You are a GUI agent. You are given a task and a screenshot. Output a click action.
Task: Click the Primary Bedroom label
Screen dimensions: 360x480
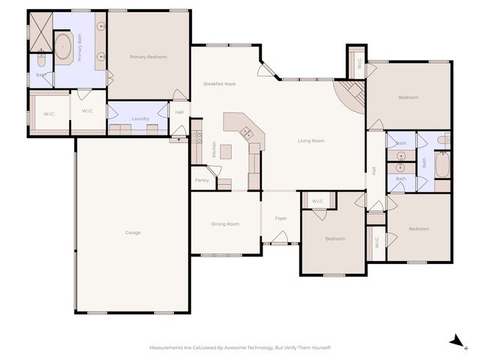click(148, 57)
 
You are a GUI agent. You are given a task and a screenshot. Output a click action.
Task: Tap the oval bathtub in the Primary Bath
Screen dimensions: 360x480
click(63, 47)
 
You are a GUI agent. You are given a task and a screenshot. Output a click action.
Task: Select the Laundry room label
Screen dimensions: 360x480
click(139, 118)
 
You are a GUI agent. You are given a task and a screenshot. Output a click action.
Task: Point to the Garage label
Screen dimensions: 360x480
click(133, 232)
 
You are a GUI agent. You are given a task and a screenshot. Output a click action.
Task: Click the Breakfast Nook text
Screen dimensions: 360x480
click(220, 84)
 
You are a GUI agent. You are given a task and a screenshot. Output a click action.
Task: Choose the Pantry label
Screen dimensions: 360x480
click(202, 180)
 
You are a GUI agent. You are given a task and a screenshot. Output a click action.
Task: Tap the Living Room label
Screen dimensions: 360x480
click(310, 140)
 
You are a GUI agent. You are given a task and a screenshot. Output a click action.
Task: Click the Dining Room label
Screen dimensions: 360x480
click(225, 224)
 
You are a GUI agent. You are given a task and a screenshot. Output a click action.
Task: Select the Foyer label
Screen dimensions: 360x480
click(281, 218)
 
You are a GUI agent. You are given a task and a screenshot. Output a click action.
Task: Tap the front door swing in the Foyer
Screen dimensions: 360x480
click(280, 238)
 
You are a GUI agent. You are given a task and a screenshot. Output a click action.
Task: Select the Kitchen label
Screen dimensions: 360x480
click(214, 149)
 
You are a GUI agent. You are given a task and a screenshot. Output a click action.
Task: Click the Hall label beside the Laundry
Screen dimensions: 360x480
click(179, 112)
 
